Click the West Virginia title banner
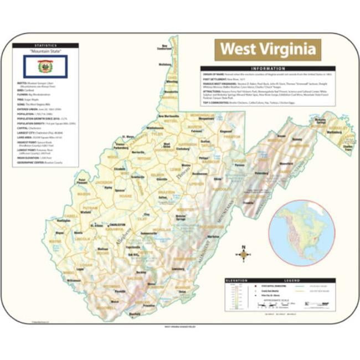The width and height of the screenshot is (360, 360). pyautogui.click(x=268, y=49)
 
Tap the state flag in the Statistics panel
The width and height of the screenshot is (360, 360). pyautogui.click(x=45, y=68)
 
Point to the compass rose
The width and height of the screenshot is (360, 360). pyautogui.click(x=243, y=254)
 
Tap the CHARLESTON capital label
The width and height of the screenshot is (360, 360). pyautogui.click(x=117, y=225)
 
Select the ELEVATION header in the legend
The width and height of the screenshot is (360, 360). pyautogui.click(x=237, y=281)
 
